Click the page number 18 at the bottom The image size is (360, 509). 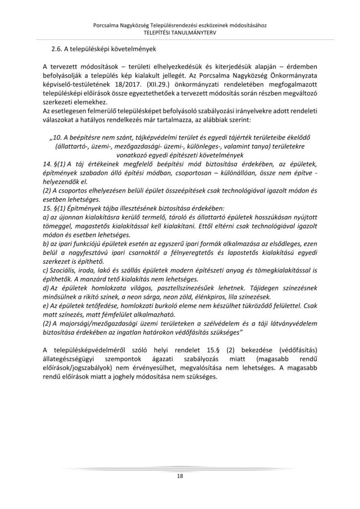click(x=180, y=476)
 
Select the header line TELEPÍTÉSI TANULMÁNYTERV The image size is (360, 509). click(x=180, y=32)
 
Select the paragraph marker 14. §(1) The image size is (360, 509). click(x=55, y=164)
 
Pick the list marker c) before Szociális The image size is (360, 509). click(x=46, y=268)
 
